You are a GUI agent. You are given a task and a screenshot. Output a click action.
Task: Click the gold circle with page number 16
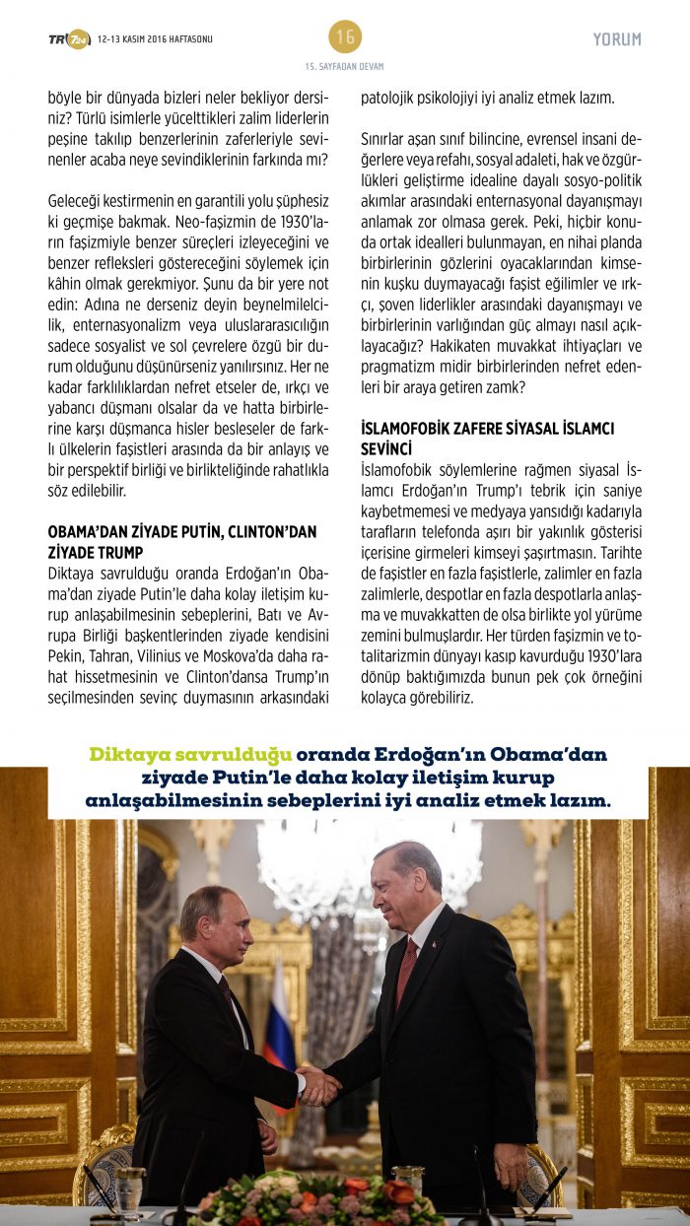(x=345, y=37)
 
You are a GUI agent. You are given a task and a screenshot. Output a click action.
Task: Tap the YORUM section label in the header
(x=617, y=39)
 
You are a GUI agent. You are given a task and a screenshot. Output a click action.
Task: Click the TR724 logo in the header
(x=69, y=39)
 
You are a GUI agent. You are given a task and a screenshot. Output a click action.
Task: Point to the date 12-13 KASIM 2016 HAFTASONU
(x=155, y=39)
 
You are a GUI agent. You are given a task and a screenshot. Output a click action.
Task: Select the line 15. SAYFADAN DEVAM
(x=345, y=66)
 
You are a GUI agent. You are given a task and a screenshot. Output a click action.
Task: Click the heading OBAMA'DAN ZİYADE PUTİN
(x=182, y=531)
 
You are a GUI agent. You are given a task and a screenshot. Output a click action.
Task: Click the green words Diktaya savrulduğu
(x=191, y=755)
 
